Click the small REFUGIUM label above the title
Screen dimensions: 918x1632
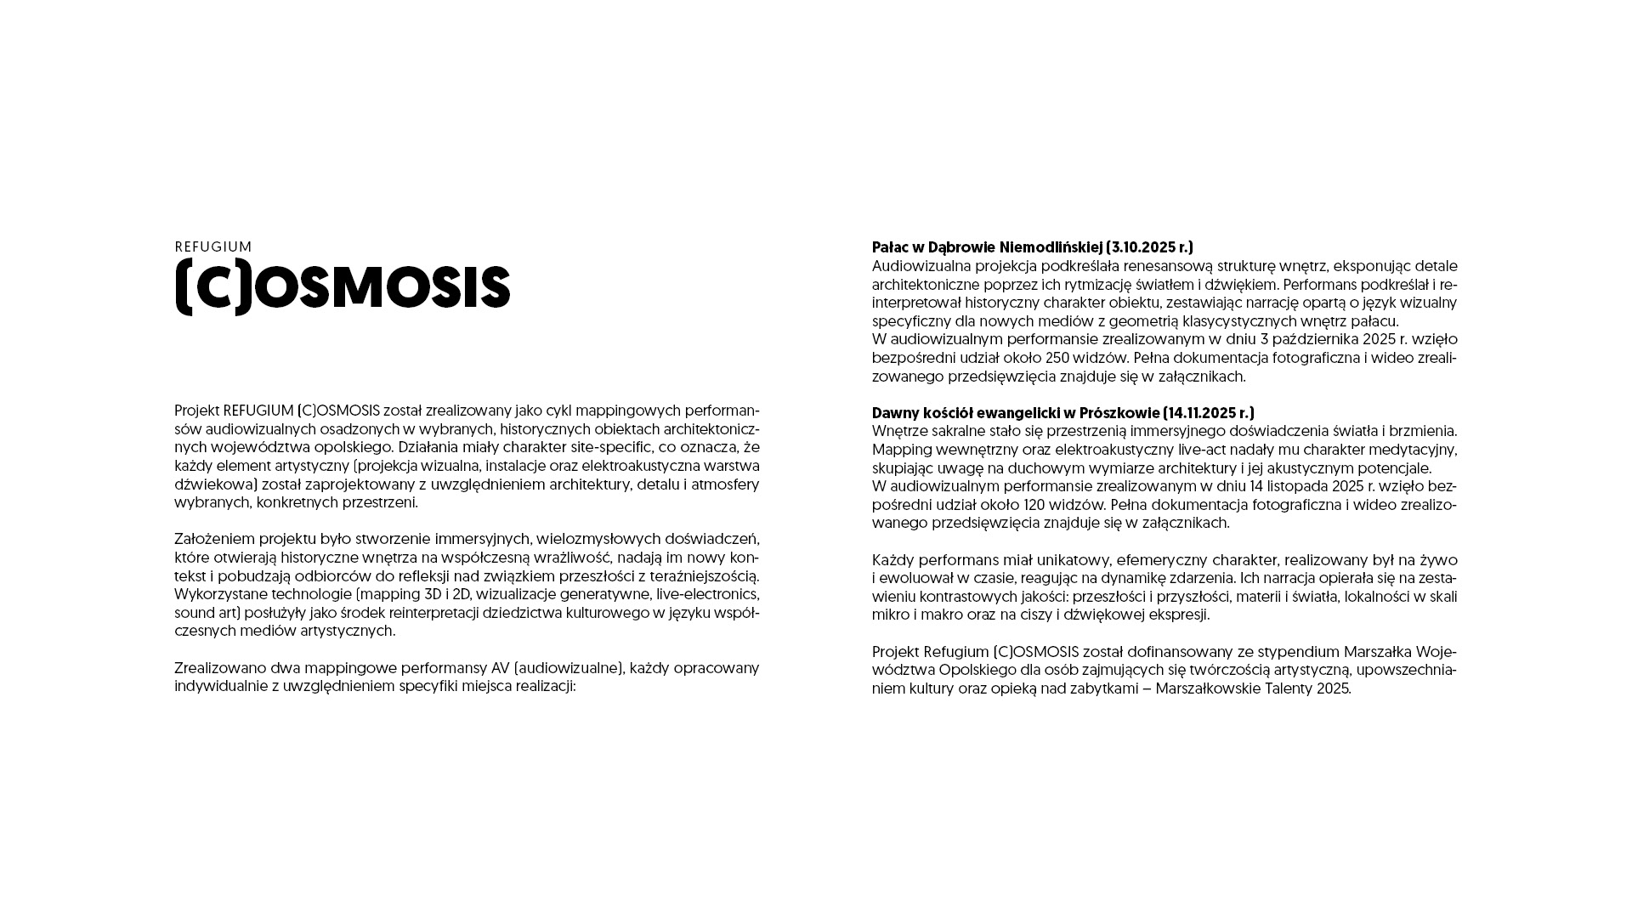pos(213,247)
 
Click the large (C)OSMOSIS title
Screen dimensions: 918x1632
pos(343,287)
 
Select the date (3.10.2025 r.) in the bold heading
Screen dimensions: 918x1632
pos(1149,247)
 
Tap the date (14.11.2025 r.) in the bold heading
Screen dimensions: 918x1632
pos(1208,413)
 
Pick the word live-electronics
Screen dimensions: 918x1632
pos(707,594)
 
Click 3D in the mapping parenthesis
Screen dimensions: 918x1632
pos(433,594)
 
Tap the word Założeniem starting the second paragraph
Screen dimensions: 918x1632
pos(214,539)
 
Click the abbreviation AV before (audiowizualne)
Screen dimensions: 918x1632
pos(500,668)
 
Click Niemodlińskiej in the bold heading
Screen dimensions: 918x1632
pos(1051,247)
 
